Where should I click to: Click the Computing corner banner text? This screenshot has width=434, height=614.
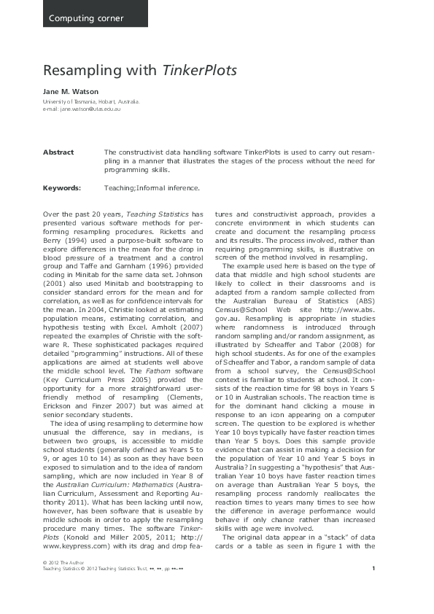click(86, 18)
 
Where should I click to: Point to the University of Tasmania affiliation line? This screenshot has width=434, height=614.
click(91, 102)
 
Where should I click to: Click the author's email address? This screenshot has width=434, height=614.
click(90, 109)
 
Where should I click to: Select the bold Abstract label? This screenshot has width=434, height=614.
click(58, 152)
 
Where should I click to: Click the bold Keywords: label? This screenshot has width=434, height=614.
click(61, 188)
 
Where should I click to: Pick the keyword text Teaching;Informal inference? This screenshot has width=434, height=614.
click(152, 188)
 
